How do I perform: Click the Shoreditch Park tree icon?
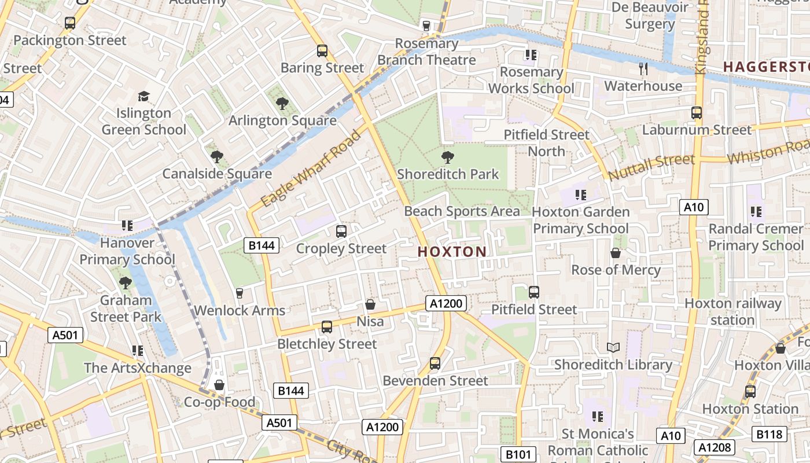click(447, 157)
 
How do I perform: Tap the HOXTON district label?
click(452, 252)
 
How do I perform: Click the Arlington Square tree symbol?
click(282, 104)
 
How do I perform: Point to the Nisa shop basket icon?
click(370, 304)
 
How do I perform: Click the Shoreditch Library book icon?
click(613, 347)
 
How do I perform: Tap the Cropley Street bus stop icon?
click(341, 231)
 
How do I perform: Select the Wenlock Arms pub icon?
click(240, 293)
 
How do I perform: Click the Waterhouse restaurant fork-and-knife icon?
click(643, 69)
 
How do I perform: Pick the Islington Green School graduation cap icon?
click(143, 96)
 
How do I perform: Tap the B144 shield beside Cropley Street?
click(262, 245)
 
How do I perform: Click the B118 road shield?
click(770, 434)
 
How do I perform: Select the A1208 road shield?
click(715, 447)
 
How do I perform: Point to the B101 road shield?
click(518, 454)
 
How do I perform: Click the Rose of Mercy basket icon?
click(616, 253)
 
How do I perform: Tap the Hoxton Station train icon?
click(750, 392)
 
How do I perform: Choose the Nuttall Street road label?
click(651, 166)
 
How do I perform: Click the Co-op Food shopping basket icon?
click(219, 385)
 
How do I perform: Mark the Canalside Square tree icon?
click(217, 156)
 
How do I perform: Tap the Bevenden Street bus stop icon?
click(435, 363)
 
